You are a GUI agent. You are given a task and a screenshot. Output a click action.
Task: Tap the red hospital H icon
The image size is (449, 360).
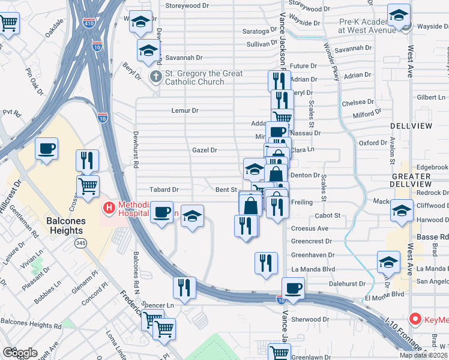pyautogui.click(x=109, y=208)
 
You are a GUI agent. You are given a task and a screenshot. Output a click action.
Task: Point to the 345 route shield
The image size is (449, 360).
pyautogui.click(x=80, y=243)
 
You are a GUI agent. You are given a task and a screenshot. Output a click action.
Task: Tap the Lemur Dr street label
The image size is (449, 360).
pyautogui.click(x=185, y=110)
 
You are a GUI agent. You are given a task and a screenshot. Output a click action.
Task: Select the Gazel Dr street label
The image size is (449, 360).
pyautogui.click(x=204, y=150)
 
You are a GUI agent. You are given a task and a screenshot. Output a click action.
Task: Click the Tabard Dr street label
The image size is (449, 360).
pyautogui.click(x=164, y=190)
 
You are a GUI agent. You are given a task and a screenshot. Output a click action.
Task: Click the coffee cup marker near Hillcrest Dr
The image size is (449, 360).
pyautogui.click(x=46, y=148)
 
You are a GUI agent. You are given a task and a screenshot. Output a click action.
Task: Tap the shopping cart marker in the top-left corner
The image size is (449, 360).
pyautogui.click(x=8, y=24)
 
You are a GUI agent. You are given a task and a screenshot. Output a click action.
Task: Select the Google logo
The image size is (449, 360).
pyautogui.click(x=20, y=353)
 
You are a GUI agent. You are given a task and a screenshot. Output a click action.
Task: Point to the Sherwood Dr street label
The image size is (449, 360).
pyautogui.click(x=310, y=320)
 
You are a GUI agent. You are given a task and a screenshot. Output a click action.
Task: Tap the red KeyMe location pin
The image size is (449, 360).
pyautogui.click(x=414, y=319)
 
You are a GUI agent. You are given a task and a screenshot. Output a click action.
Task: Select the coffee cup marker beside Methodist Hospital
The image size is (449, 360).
pyautogui.click(x=161, y=212)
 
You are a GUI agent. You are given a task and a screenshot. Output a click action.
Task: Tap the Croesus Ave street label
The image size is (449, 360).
pyautogui.click(x=309, y=229)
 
